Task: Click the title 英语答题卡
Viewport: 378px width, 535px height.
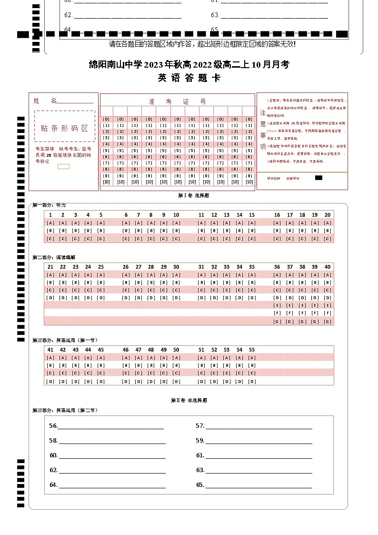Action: pos(189,78)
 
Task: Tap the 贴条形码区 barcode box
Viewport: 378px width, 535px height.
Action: pos(65,128)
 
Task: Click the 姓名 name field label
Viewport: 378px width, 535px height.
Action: pos(45,101)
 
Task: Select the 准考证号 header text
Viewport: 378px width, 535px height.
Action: pos(177,101)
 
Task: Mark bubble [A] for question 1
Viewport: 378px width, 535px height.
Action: pos(50,223)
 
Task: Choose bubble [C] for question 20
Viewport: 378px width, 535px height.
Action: pos(328,239)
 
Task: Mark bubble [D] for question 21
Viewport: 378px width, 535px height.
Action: pos(50,298)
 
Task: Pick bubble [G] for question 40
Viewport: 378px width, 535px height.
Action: pos(328,322)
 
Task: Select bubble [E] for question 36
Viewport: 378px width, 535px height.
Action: pos(277,305)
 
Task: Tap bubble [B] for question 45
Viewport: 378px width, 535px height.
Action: pos(101,365)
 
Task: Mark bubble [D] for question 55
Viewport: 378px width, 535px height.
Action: pos(252,382)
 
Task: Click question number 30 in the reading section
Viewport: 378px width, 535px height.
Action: pos(176,267)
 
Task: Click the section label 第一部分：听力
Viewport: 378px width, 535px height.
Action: pos(50,205)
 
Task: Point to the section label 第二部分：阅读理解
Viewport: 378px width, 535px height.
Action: pos(54,257)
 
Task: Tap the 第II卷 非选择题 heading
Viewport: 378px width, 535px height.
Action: pos(189,401)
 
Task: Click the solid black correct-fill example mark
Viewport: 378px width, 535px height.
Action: pos(319,178)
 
